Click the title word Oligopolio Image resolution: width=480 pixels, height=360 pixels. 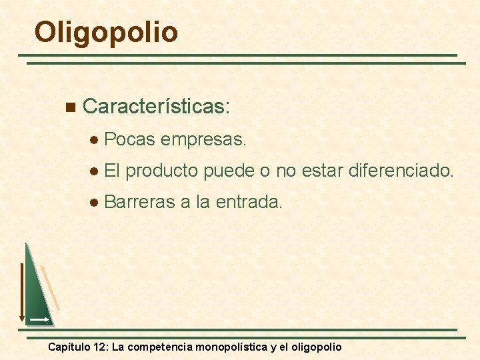[106, 32]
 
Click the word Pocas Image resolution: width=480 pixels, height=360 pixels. [130, 139]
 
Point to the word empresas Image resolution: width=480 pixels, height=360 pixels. [203, 140]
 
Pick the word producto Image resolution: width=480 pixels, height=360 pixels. [162, 171]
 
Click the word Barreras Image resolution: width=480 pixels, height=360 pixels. [140, 201]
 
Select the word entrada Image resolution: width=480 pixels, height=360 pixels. [249, 201]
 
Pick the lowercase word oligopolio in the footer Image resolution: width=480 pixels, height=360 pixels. [314, 347]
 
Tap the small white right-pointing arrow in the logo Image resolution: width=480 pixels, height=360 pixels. [39, 320]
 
